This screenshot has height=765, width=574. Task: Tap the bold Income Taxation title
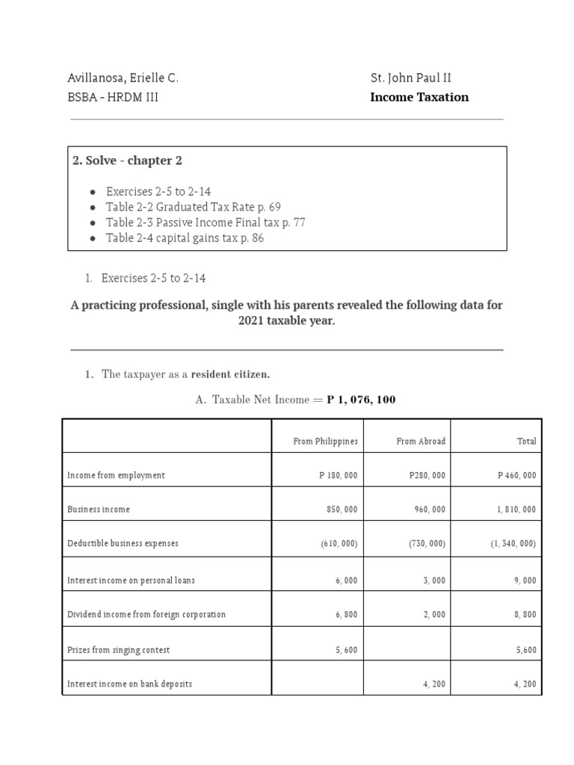click(x=419, y=97)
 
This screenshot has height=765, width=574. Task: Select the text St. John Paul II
click(x=410, y=78)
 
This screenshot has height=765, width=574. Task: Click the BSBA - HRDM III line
click(x=114, y=97)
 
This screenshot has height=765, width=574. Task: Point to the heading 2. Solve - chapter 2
click(x=127, y=161)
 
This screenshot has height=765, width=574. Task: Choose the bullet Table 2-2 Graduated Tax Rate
click(x=193, y=207)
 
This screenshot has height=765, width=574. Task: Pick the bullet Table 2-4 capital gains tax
click(x=185, y=238)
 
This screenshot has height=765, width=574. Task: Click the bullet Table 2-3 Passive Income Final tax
click(x=205, y=223)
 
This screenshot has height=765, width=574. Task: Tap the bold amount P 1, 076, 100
click(x=361, y=400)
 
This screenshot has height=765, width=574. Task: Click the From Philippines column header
click(x=325, y=442)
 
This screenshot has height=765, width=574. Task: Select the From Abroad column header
click(x=421, y=442)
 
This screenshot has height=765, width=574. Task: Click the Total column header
click(x=526, y=442)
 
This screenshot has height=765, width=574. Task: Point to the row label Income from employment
click(x=116, y=475)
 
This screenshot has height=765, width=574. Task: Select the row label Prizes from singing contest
click(x=118, y=650)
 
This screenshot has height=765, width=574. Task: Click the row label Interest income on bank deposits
click(x=129, y=684)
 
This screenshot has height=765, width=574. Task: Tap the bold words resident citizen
click(x=230, y=374)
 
